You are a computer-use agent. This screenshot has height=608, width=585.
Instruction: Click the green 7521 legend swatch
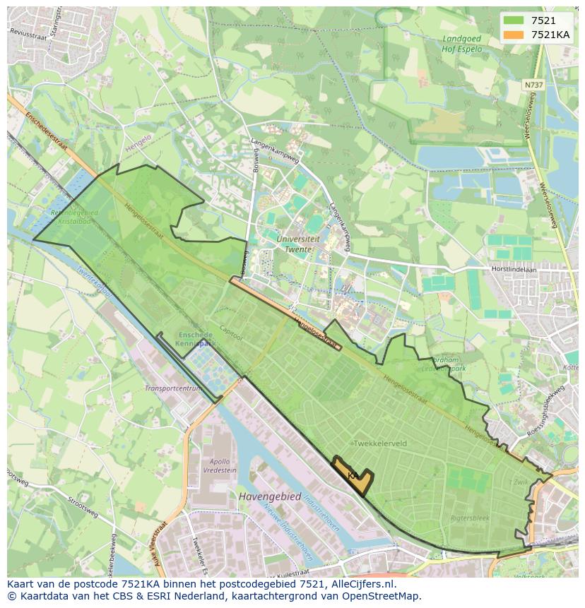tap(514, 21)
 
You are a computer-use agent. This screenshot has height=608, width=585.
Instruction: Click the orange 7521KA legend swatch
tap(514, 35)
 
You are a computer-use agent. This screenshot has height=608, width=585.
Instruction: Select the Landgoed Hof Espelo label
tap(461, 44)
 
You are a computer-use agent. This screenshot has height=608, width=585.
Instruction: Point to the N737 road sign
tap(533, 85)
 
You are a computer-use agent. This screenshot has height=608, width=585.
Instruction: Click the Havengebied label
tap(269, 497)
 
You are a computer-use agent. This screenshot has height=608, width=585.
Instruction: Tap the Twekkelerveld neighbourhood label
tap(380, 443)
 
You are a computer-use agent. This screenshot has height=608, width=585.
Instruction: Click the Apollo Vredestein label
tap(220, 465)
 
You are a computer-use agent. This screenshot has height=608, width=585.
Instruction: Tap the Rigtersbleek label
tap(470, 518)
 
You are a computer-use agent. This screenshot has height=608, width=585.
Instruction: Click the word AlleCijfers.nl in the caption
tap(364, 585)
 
